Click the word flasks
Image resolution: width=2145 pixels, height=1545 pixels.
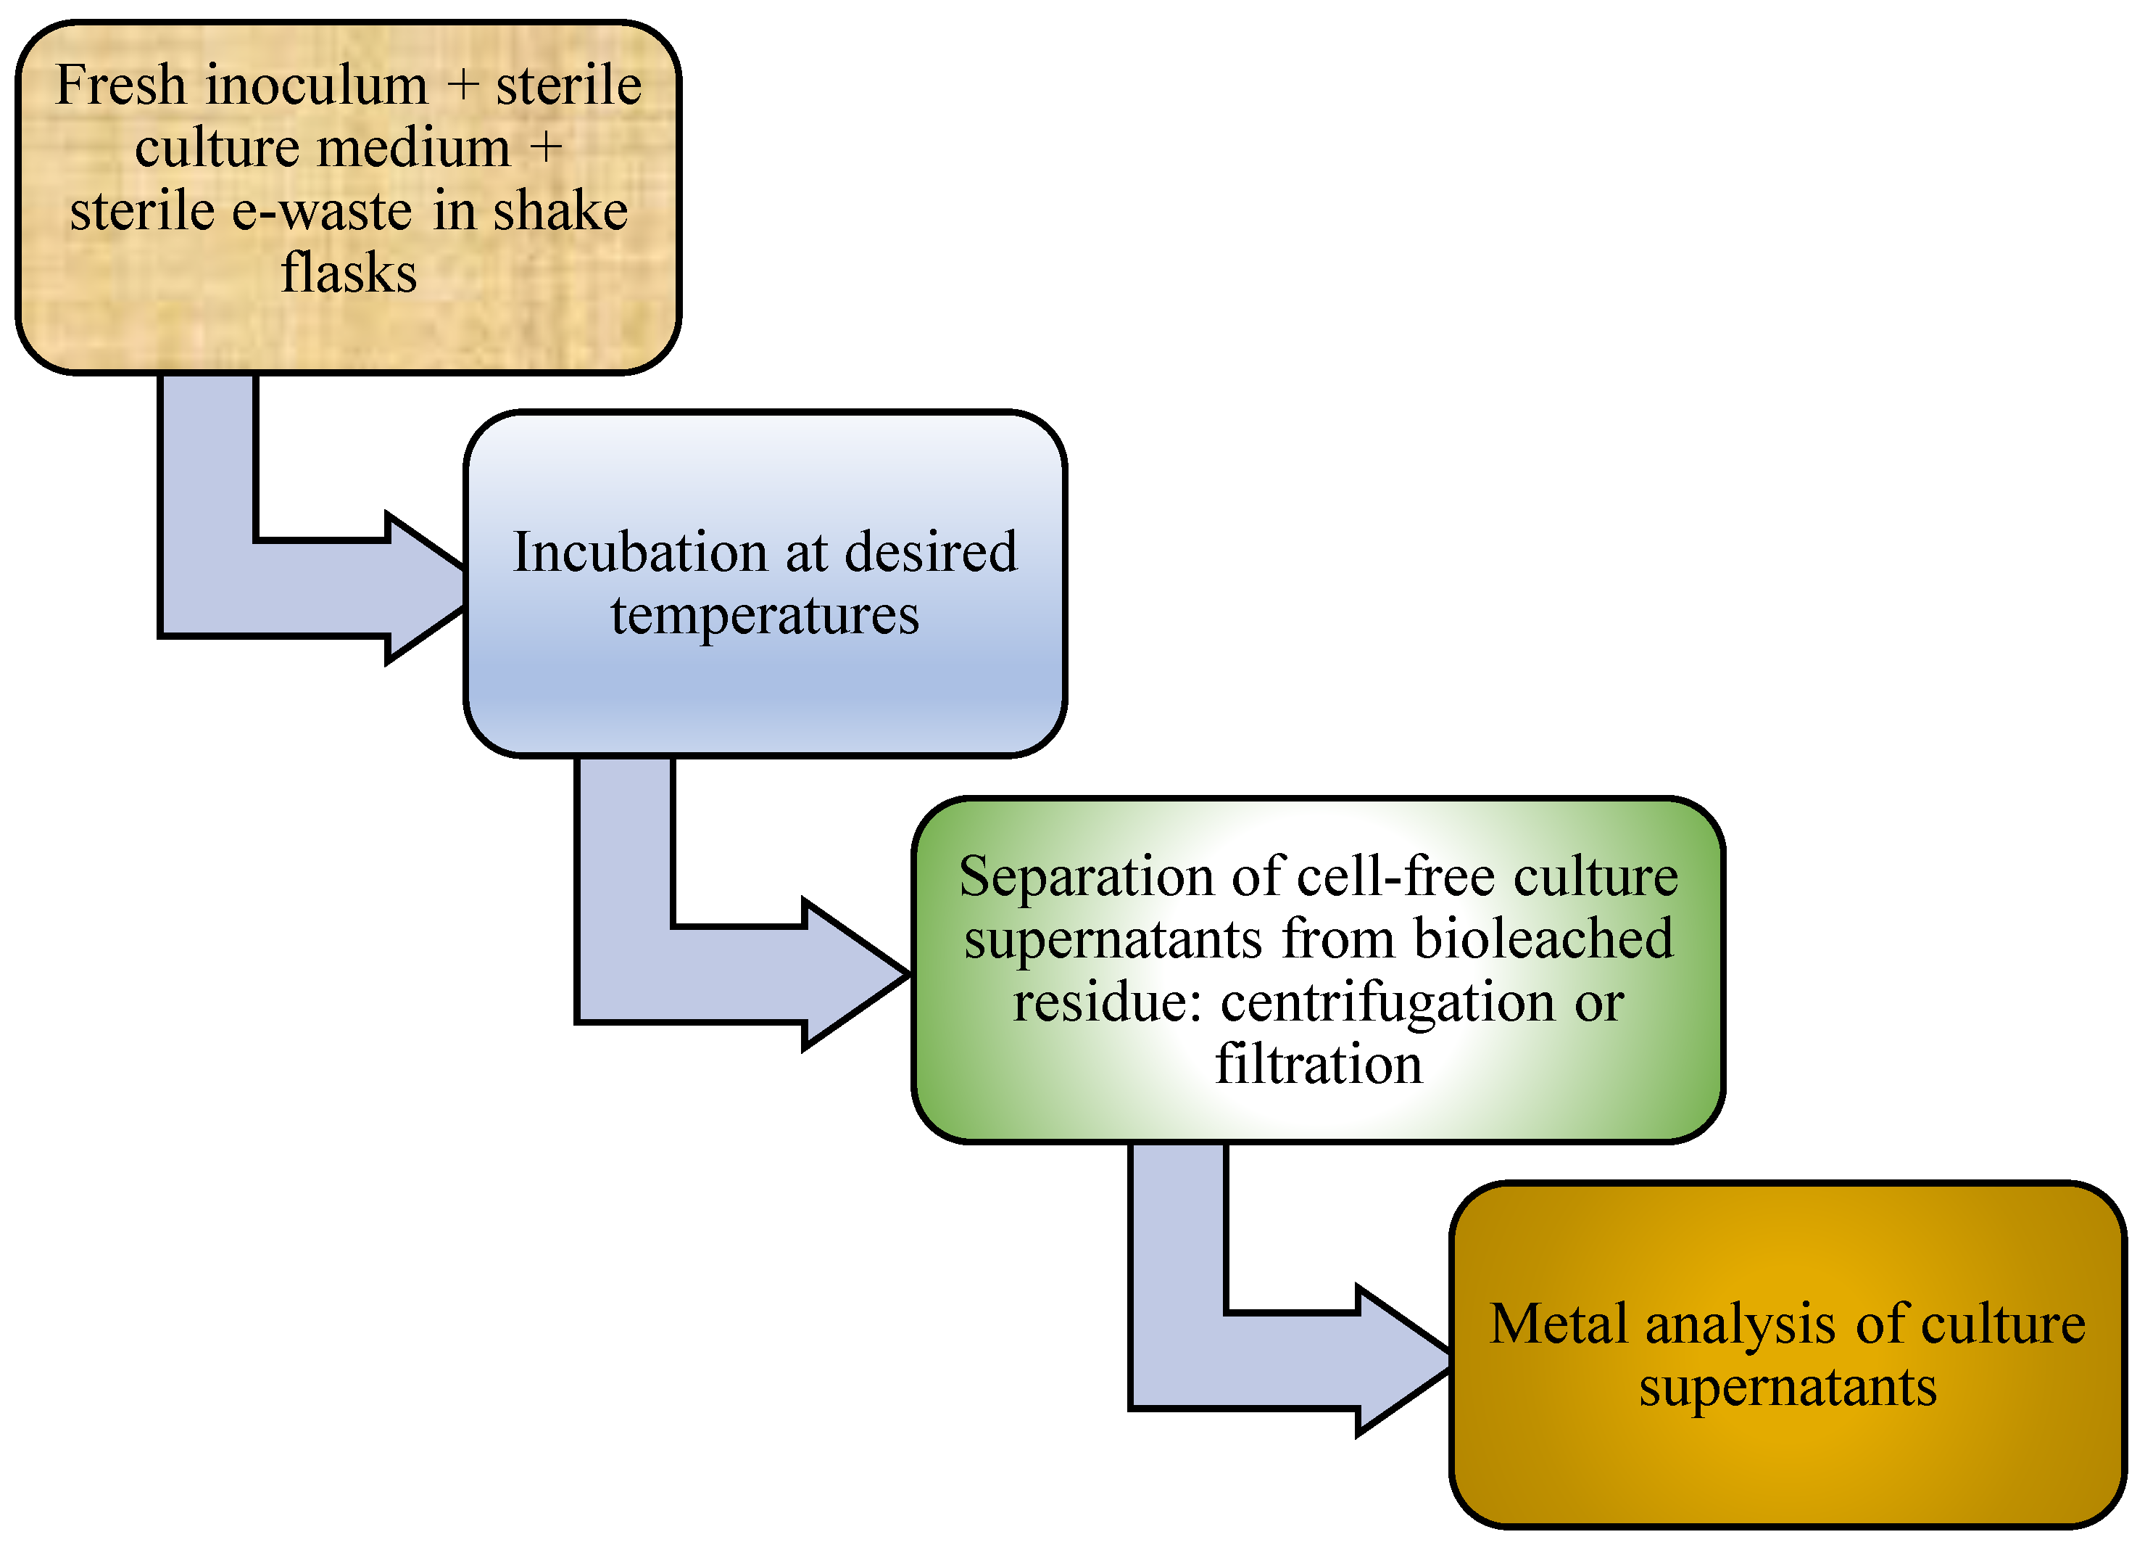click(x=348, y=273)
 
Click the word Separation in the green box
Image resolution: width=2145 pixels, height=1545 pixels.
click(x=1087, y=876)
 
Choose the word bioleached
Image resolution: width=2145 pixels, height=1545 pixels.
click(x=1543, y=939)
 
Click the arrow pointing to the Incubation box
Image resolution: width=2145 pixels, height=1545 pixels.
click(x=283, y=587)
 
